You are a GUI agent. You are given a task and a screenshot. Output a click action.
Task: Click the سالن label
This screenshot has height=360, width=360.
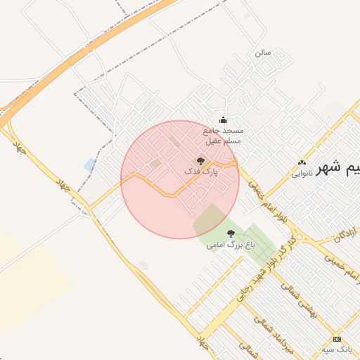(x=263, y=52)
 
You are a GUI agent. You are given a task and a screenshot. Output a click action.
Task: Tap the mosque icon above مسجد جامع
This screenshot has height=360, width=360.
(x=224, y=120)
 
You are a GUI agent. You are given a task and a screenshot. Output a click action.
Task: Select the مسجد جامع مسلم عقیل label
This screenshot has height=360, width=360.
(x=223, y=135)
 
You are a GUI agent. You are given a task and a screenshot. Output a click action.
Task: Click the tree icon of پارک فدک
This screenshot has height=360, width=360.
(x=200, y=161)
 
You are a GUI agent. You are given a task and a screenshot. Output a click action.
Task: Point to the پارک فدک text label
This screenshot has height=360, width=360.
(x=202, y=171)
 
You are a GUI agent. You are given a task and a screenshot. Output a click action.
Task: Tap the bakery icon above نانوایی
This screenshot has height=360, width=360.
(x=302, y=162)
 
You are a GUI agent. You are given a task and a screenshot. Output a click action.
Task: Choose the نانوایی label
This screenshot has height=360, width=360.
(x=301, y=172)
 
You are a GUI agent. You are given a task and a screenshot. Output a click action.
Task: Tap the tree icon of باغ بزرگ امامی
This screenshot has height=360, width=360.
(x=231, y=233)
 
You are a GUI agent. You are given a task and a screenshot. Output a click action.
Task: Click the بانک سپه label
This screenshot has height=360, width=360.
(x=337, y=349)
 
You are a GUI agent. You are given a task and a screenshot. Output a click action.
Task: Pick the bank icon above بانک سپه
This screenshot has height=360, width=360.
(x=337, y=339)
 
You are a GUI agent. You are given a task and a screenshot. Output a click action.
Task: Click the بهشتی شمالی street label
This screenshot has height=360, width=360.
(x=303, y=302)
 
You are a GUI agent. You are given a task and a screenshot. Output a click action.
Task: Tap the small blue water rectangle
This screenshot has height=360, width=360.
(x=89, y=165)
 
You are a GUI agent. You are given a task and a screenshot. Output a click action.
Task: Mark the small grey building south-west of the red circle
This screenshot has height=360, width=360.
(x=144, y=265)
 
